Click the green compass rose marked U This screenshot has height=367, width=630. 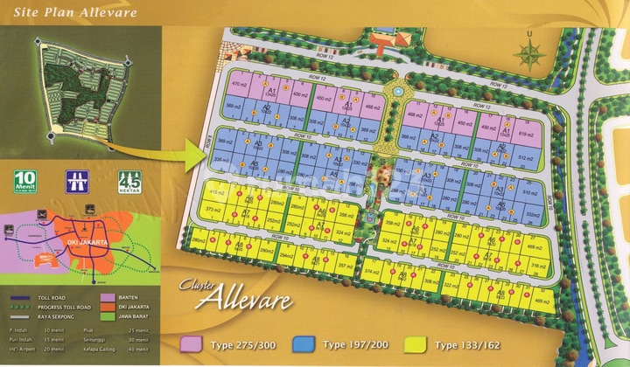point(528,54)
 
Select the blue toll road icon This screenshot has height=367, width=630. point(77,183)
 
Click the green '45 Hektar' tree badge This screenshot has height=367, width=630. point(128,183)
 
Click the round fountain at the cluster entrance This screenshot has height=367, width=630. point(396,90)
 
